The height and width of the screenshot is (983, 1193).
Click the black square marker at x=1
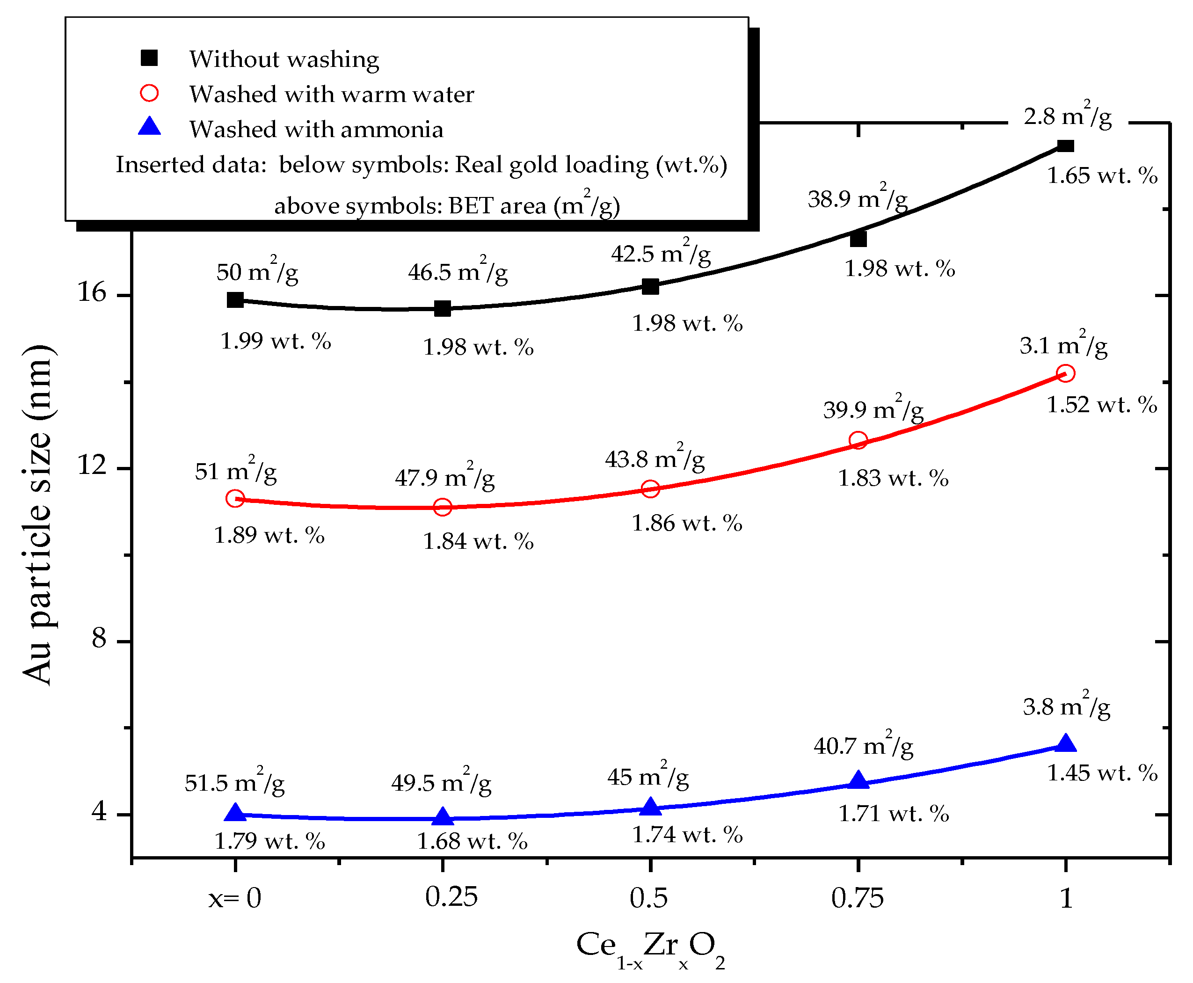[x=1065, y=146]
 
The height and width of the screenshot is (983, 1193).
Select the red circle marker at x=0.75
[x=858, y=441]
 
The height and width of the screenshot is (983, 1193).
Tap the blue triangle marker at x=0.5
[x=650, y=806]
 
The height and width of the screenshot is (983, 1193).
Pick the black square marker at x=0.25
[x=442, y=309]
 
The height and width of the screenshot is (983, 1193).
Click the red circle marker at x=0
[x=234, y=498]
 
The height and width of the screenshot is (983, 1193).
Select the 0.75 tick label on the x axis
[x=857, y=898]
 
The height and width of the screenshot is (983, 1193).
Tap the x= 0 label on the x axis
[x=234, y=898]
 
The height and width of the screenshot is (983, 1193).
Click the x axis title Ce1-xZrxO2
[x=650, y=948]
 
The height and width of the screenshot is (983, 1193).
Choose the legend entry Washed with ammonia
[x=316, y=130]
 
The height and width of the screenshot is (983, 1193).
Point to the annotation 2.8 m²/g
[x=1067, y=116]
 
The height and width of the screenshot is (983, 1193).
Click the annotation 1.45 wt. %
[x=1102, y=773]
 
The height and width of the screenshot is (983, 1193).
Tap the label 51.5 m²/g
[x=234, y=783]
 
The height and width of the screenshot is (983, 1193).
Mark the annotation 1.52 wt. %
[x=1101, y=405]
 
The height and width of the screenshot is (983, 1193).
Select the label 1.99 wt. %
[x=275, y=342]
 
